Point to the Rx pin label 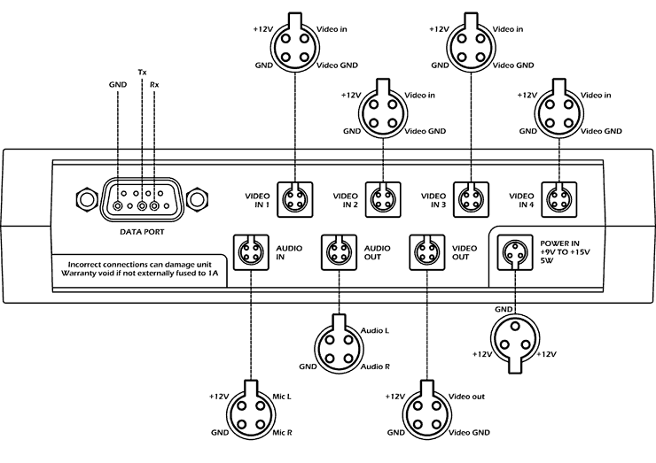[x=155, y=84]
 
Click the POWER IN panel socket [x=513, y=252]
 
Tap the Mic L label [x=283, y=397]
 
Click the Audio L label [x=374, y=329]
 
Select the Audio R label [x=374, y=366]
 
